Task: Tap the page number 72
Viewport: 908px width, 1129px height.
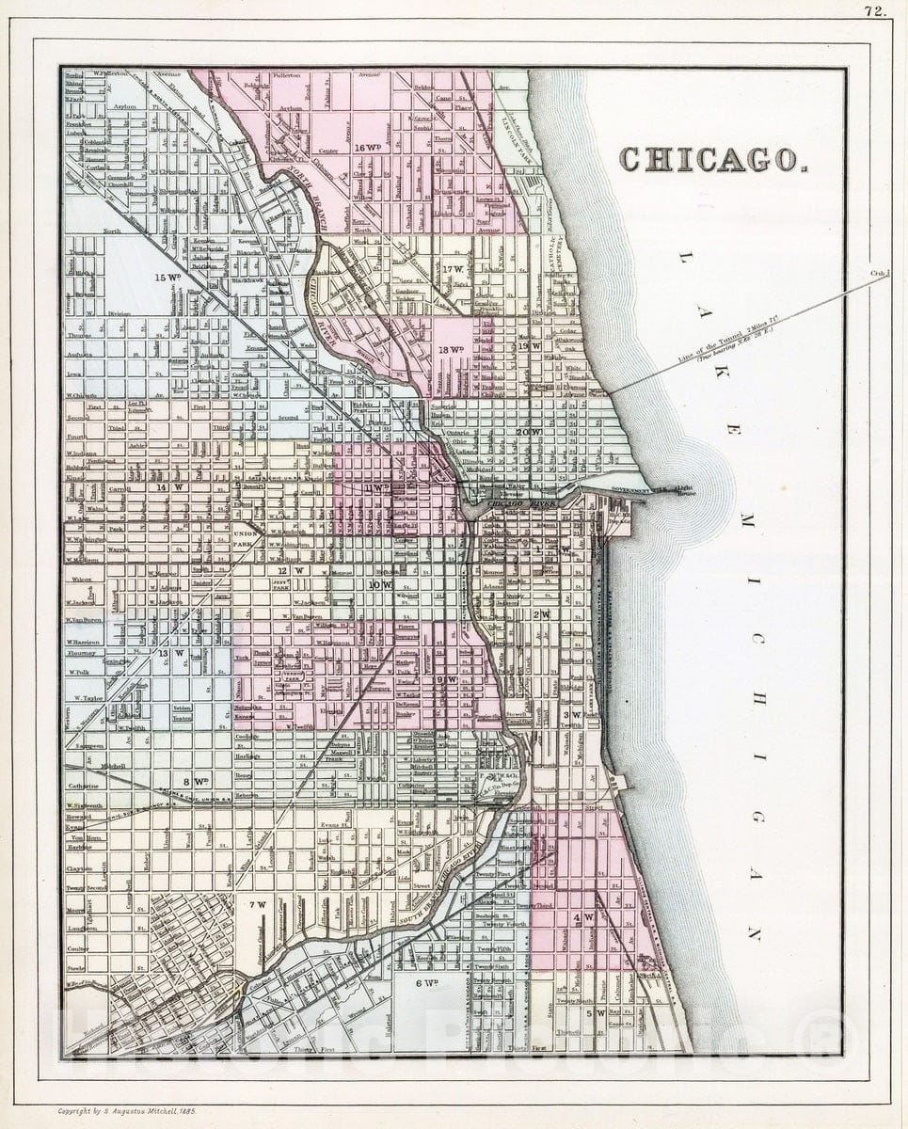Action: [x=874, y=11]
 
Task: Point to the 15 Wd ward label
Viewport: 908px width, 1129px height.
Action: [x=168, y=277]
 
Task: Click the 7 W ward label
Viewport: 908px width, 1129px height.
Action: [x=258, y=905]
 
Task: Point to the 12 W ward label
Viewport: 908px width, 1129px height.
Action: [x=296, y=570]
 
